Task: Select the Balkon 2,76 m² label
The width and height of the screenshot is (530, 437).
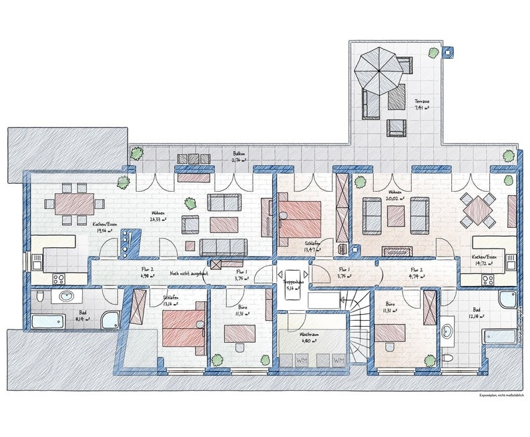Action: click(240, 157)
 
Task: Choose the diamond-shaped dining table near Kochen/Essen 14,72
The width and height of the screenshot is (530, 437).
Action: click(479, 210)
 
